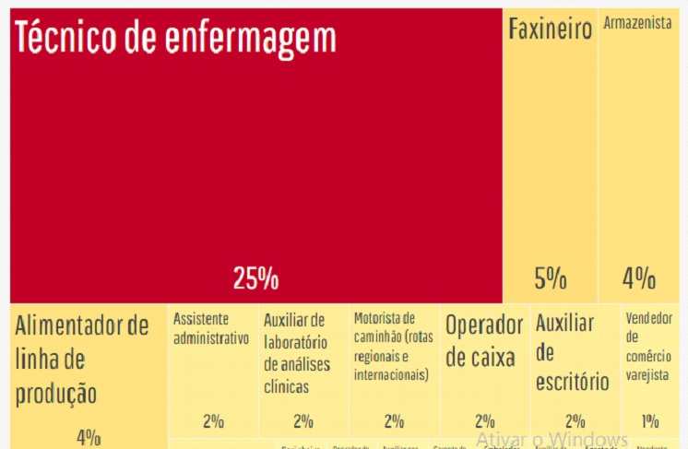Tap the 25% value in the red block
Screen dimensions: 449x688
(x=255, y=278)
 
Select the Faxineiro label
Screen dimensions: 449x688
(x=551, y=30)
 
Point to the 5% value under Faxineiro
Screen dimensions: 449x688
(x=551, y=278)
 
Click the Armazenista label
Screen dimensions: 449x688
(x=637, y=23)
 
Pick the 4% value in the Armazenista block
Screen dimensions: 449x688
(x=638, y=278)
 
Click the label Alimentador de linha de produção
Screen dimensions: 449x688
(x=81, y=360)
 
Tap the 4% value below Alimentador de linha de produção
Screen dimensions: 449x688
(x=89, y=437)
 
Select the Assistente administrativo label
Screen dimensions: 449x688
(x=211, y=328)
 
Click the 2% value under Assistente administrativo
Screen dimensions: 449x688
(x=213, y=421)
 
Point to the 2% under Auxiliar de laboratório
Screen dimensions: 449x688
(x=303, y=421)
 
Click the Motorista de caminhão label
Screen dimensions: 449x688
(x=392, y=347)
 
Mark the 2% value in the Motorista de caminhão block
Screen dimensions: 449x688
(x=394, y=421)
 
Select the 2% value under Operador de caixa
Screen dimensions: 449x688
(x=485, y=421)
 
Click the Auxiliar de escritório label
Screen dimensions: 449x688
(x=572, y=351)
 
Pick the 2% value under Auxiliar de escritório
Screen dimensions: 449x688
(x=575, y=421)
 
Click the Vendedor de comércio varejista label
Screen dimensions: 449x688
(x=649, y=346)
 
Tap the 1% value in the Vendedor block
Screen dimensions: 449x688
(x=650, y=421)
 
